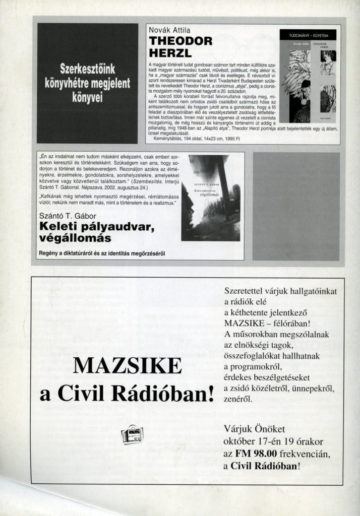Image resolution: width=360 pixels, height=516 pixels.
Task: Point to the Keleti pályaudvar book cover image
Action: tap(210, 198)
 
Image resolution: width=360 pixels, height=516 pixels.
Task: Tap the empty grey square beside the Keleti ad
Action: tap(296, 206)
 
